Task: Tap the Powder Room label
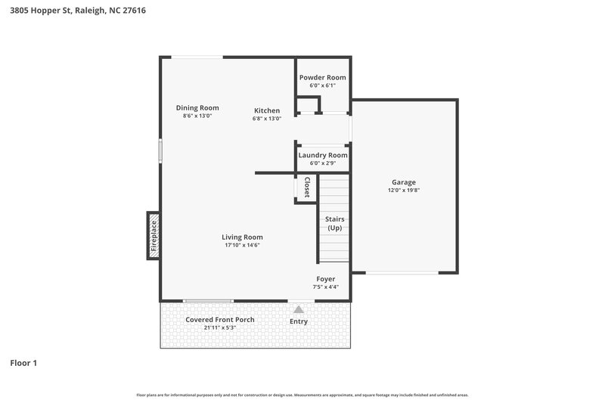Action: click(322, 78)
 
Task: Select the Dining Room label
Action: click(197, 107)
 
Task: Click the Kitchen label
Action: click(266, 110)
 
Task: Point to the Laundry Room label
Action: click(323, 156)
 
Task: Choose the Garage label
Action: click(403, 182)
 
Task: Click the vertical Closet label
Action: click(306, 188)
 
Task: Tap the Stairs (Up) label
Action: click(334, 223)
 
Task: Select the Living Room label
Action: click(243, 237)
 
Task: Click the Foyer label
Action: click(325, 279)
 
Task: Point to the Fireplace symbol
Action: click(154, 235)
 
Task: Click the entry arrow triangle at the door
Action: click(299, 308)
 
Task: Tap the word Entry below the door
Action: click(299, 321)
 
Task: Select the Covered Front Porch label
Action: click(220, 319)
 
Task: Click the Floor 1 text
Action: click(23, 363)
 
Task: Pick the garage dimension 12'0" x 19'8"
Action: click(403, 191)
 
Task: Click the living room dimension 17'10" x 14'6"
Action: click(243, 246)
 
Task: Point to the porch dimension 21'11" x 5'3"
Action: click(220, 328)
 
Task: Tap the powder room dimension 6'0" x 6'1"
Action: click(322, 86)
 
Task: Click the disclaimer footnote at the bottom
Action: click(302, 395)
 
